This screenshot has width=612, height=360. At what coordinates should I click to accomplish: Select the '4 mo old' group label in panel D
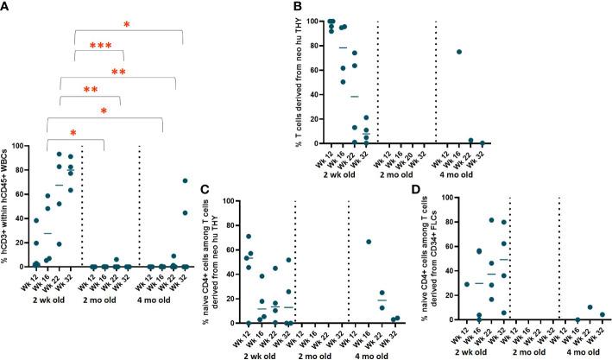[x=580, y=352]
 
